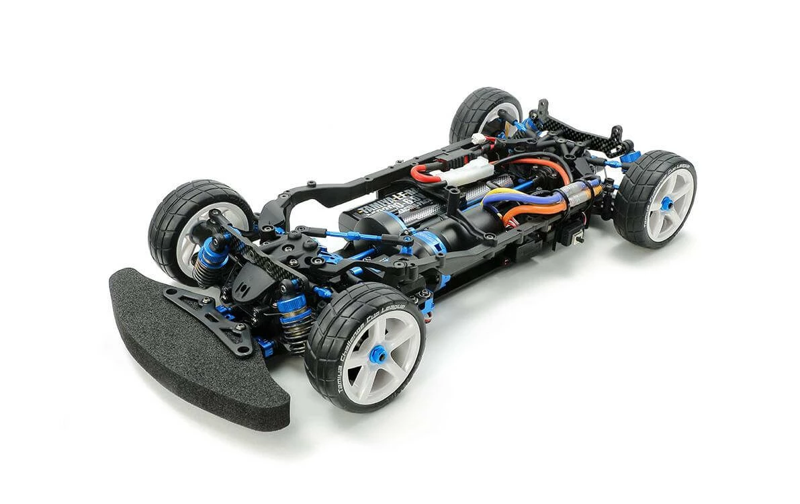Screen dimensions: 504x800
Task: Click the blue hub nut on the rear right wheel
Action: (667, 202)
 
